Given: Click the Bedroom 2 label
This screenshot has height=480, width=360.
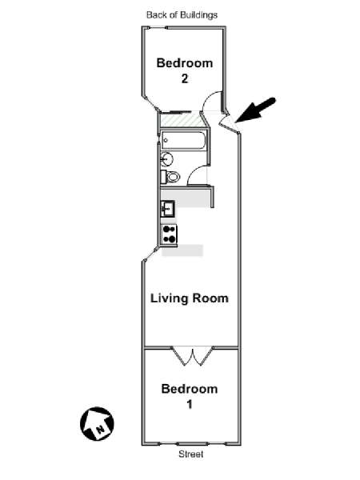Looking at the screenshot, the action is tap(185, 70).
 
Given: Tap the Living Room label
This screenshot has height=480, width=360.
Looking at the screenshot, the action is tap(190, 298).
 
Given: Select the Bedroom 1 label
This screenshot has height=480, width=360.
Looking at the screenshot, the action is tap(190, 397).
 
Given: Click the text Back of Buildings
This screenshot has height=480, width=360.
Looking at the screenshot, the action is tap(182, 14).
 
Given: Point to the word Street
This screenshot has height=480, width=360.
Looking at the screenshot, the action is tap(191, 454).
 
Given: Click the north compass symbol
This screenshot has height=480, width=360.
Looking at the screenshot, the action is tap(97, 424).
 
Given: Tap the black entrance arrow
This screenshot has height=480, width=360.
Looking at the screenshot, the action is tap(256, 110).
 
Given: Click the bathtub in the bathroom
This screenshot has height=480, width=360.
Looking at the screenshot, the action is tap(184, 141).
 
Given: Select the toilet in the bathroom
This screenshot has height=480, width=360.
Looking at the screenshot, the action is tap(170, 177).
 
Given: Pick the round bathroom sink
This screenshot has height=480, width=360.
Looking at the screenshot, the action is tap(167, 159).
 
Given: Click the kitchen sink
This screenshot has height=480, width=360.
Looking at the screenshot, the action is tap(167, 209).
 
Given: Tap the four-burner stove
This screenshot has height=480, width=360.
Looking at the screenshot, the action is tap(170, 234).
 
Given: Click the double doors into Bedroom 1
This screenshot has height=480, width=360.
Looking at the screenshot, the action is tap(193, 356).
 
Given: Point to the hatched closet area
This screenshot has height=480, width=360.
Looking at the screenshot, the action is tap(182, 120).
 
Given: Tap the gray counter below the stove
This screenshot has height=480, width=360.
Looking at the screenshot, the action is tap(182, 250).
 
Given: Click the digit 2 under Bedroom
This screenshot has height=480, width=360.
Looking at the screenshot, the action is tap(185, 78).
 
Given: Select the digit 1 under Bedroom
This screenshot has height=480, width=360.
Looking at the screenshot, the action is tap(190, 404).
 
